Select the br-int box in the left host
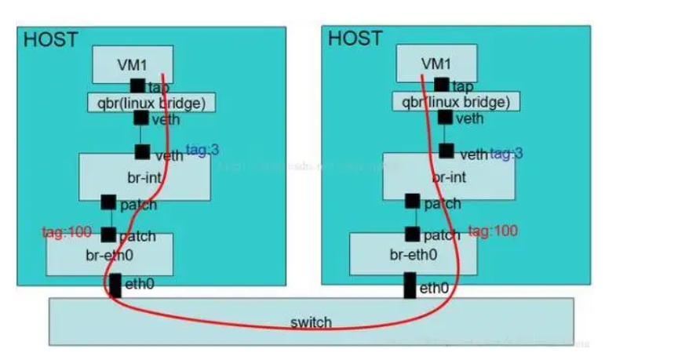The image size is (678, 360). [x=144, y=177]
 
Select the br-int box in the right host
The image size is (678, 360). [x=448, y=177]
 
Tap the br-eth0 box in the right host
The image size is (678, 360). [x=413, y=254]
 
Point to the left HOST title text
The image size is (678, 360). [x=49, y=39]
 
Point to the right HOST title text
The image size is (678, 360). [x=354, y=38]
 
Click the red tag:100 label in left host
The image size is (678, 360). [x=67, y=233]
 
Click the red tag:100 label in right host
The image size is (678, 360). [x=492, y=231]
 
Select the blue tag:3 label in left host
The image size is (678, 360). [x=202, y=150]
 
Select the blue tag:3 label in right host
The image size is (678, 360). [x=506, y=154]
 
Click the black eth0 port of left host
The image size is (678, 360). [x=115, y=285]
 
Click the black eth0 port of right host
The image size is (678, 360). [x=409, y=285]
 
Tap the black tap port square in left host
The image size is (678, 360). [x=137, y=85]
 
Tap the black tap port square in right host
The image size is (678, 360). [x=442, y=84]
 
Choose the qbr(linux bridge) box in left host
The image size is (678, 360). [x=151, y=102]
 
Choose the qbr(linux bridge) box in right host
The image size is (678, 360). [x=454, y=101]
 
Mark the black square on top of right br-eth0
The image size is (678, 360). [x=412, y=234]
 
